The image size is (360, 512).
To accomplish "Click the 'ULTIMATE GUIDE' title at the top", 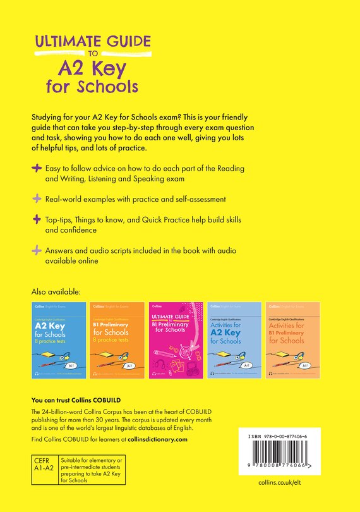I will (92, 42).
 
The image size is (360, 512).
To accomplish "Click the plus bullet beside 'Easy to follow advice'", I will (37, 169).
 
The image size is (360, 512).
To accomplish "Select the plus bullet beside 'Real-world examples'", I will (37, 199).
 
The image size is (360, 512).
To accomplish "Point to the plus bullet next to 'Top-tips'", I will (37, 219).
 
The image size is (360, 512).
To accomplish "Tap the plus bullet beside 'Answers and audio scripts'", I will (37, 250).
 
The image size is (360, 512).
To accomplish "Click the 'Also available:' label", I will (56, 292).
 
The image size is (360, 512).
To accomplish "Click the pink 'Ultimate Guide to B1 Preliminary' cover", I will (176, 341).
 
